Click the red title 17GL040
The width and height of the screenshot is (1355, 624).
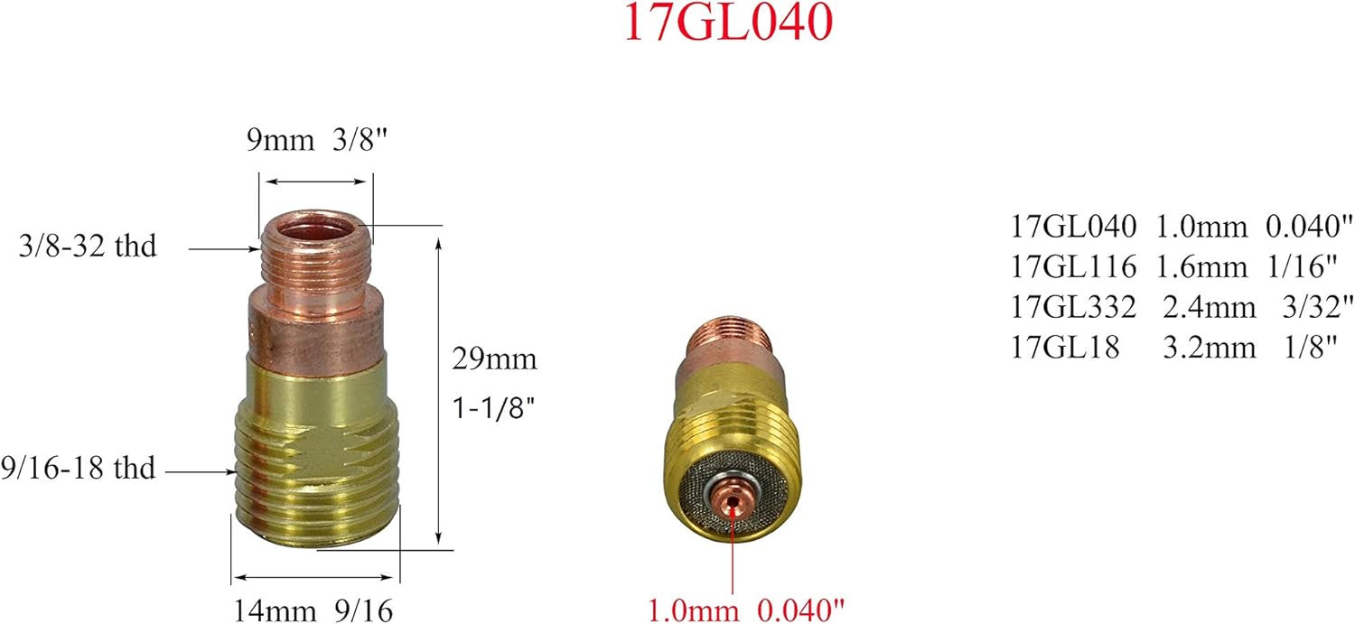click(x=726, y=24)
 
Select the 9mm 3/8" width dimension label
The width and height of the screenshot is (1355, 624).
click(x=314, y=142)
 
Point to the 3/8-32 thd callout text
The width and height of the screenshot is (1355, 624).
click(x=88, y=246)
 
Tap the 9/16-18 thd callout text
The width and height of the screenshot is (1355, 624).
click(x=79, y=469)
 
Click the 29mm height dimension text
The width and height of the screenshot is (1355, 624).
click(x=495, y=359)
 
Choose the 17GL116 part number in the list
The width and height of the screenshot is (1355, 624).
click(x=1071, y=265)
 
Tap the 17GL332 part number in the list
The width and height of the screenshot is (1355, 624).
click(x=1071, y=306)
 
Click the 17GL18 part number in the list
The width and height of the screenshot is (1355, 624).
click(x=1064, y=347)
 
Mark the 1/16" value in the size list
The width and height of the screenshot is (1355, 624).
click(x=1308, y=265)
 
